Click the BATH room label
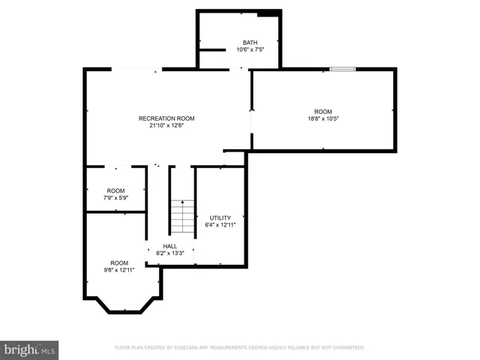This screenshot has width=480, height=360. click(250, 42)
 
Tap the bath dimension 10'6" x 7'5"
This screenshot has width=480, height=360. click(250, 49)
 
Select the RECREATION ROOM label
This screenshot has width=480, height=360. click(166, 118)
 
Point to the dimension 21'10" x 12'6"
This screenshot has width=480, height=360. click(166, 126)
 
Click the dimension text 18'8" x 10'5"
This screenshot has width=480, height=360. click(322, 118)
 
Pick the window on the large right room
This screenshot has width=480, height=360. click(342, 70)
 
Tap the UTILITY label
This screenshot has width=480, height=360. click(220, 217)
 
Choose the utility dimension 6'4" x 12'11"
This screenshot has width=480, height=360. click(220, 225)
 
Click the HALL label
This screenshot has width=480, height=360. click(169, 246)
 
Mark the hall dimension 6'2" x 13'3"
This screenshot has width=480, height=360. click(169, 253)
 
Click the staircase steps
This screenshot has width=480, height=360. click(181, 219)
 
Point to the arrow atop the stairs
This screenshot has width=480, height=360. click(181, 202)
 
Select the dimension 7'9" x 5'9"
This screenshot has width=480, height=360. click(115, 198)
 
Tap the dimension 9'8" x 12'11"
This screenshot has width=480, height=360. click(119, 270)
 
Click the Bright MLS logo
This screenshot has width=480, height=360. click(29, 349)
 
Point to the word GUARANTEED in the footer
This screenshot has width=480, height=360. click(348, 348)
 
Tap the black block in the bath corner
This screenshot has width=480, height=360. click(267, 13)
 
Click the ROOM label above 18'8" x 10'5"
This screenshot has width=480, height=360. click(322, 111)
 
